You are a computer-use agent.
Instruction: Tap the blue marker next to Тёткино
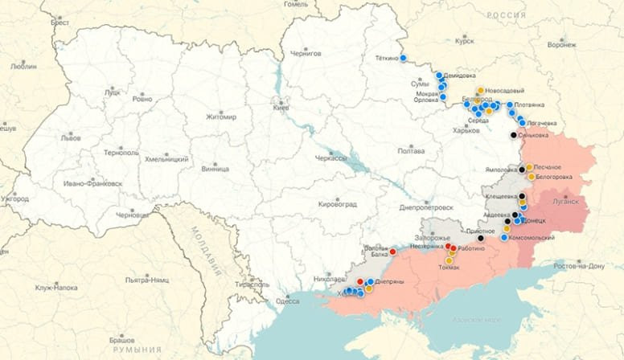point(403,58)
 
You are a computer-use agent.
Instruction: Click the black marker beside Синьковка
point(514,135)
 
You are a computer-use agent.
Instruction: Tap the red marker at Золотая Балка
point(392,252)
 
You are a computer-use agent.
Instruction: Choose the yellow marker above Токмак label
point(449,260)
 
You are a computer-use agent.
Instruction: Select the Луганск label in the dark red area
point(566,202)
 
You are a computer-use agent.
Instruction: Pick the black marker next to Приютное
point(481,238)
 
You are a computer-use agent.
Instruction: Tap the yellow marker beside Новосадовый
point(480,91)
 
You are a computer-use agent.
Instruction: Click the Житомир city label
point(221,117)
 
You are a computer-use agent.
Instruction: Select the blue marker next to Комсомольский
point(504,237)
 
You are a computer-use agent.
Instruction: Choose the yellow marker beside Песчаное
point(529,167)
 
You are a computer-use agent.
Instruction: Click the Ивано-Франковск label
point(93,183)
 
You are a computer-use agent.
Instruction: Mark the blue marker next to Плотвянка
point(510,104)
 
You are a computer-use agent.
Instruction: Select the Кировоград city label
point(337,204)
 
